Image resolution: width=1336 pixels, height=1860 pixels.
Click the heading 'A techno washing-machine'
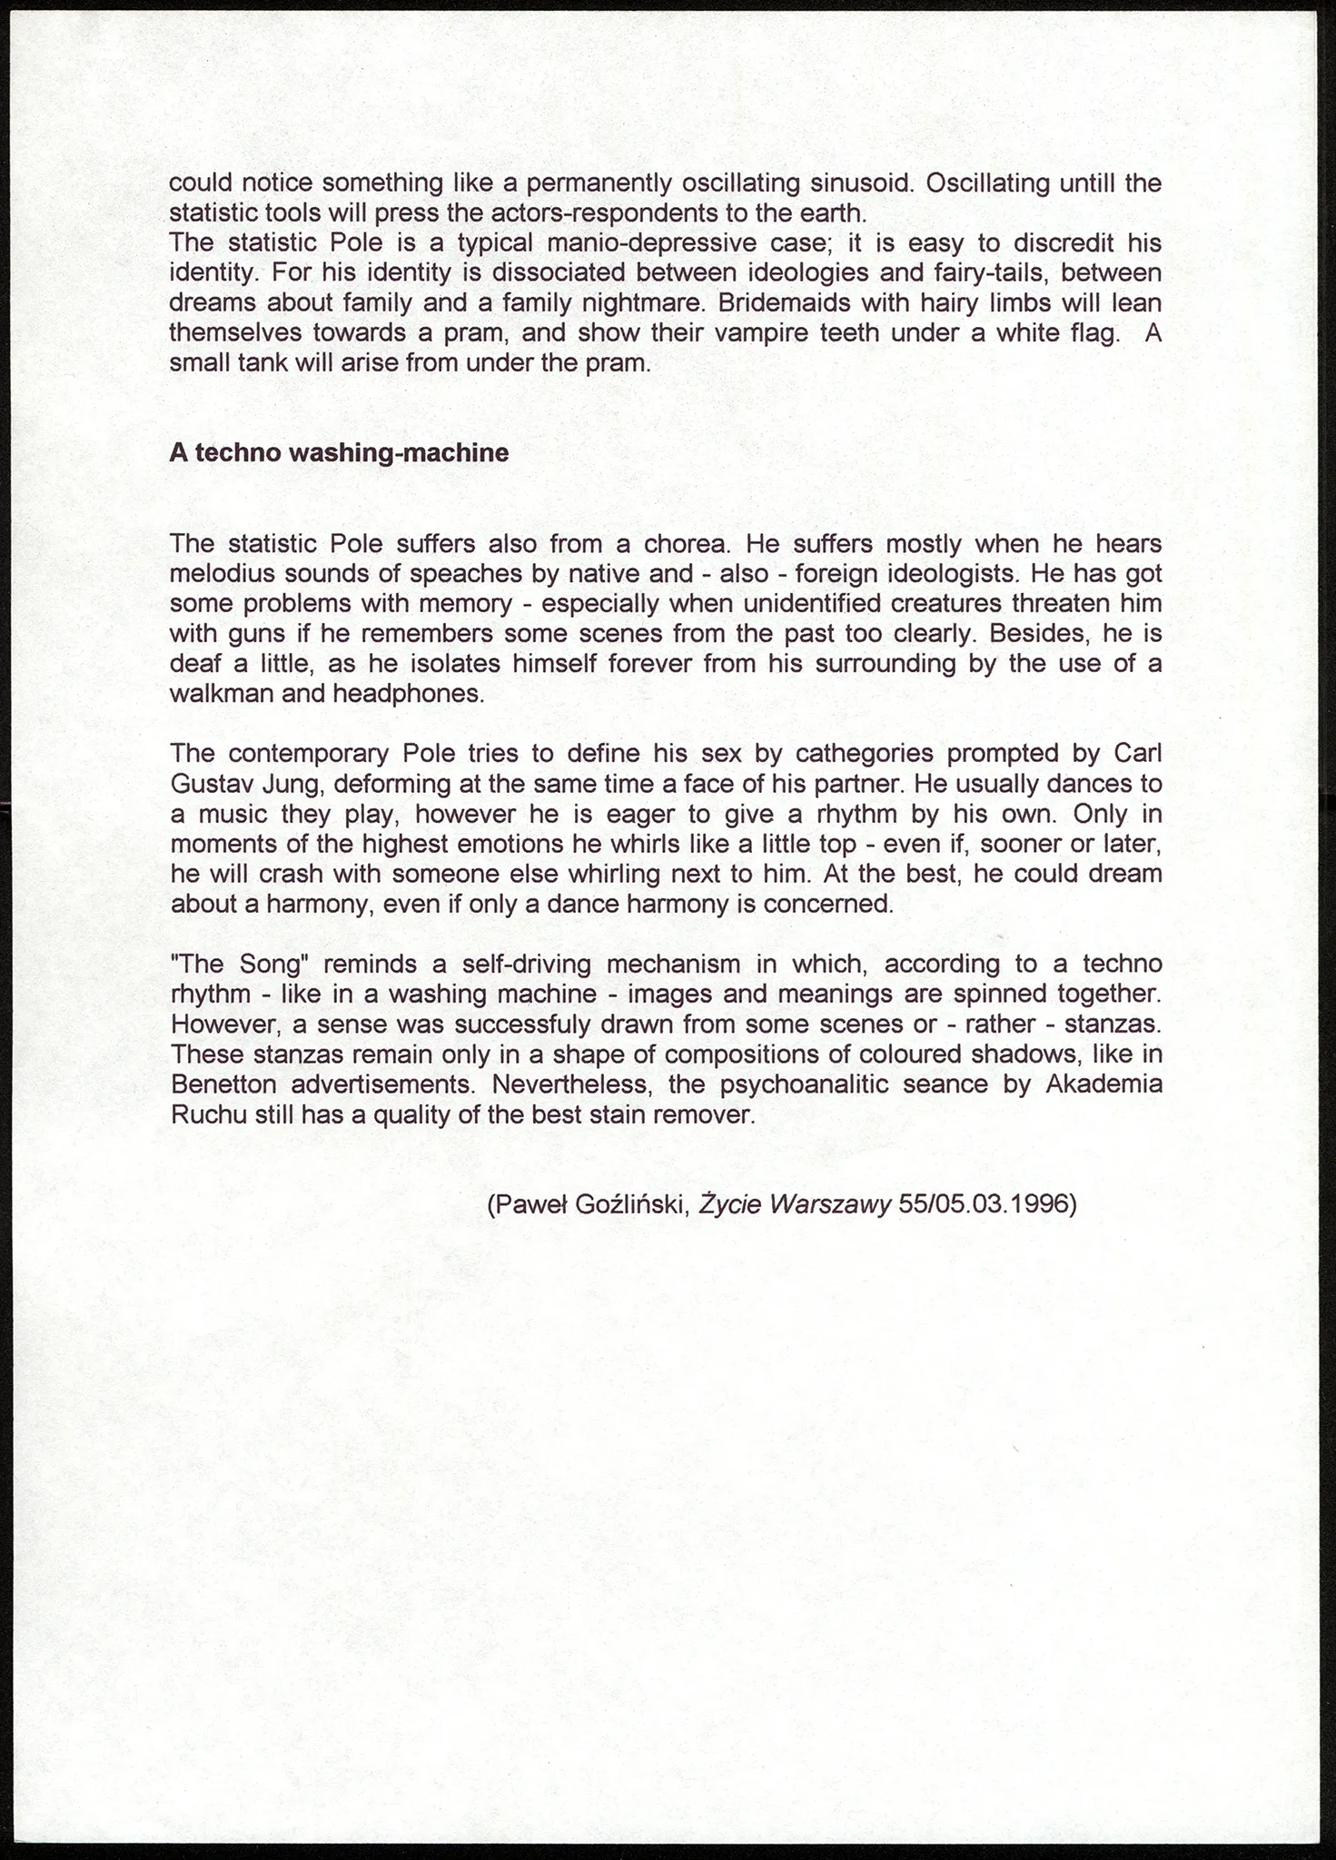coord(339,453)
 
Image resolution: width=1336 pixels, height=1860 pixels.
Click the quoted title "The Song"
coord(236,964)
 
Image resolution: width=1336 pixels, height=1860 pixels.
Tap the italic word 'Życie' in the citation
coord(730,1205)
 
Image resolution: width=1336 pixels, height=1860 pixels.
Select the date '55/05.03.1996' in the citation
coord(987,1205)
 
